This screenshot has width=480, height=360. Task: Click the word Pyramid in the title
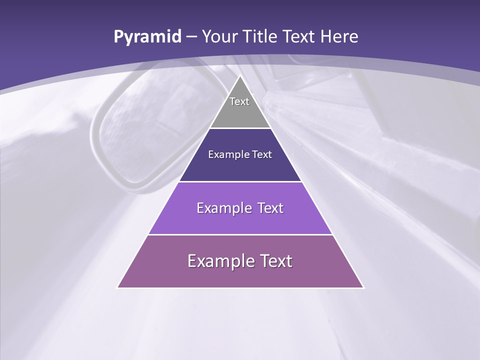point(147,37)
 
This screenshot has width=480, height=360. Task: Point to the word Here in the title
point(339,37)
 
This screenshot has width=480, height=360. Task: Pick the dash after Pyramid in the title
point(191,37)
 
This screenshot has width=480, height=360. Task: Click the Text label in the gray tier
point(239,101)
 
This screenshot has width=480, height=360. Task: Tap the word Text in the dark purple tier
point(261,154)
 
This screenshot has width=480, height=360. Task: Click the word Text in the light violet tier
point(268,208)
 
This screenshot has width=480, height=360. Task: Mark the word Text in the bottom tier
point(274,261)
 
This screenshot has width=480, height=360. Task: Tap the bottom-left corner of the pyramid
point(118,287)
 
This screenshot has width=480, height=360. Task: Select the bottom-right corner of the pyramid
point(363,287)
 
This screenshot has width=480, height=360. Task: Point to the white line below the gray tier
point(240,128)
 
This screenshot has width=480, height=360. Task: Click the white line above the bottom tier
point(240,234)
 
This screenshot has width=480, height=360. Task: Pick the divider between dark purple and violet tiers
point(240,181)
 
